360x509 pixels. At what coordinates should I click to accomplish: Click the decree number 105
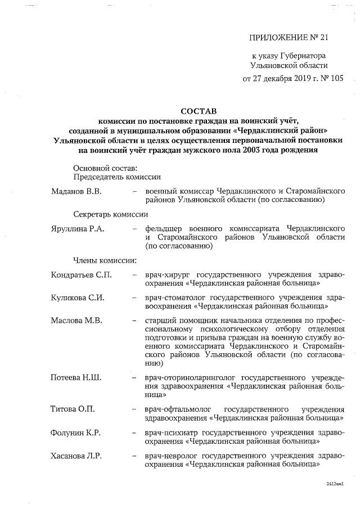(333, 79)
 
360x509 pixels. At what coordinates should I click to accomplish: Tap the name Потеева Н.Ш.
(76, 377)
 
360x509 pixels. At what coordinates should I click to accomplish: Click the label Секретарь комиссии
(110, 214)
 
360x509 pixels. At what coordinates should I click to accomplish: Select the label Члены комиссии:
(105, 260)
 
